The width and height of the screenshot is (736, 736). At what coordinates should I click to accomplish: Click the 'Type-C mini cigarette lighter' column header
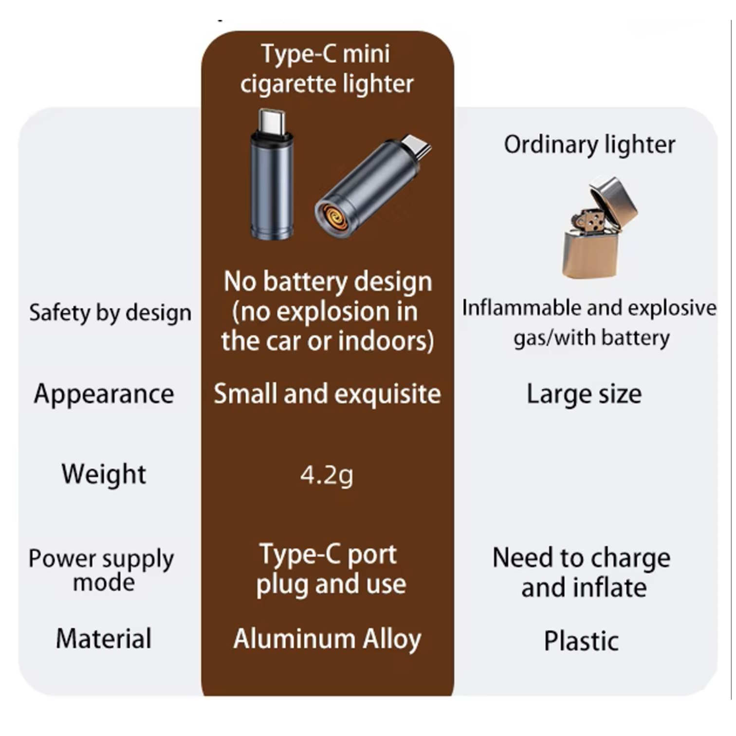tap(326, 69)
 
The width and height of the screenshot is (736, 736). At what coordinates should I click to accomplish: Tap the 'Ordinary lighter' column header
tap(589, 145)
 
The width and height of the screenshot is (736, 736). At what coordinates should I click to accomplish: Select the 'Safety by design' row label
tap(110, 313)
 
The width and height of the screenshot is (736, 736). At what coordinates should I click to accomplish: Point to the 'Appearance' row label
tap(104, 394)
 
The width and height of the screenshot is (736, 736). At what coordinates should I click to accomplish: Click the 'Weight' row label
tap(104, 474)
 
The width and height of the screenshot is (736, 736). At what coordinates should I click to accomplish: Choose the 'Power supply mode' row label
tap(101, 570)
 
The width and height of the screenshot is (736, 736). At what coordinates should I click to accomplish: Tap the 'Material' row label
tap(104, 639)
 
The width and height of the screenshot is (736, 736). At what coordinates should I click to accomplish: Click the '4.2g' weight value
tap(327, 475)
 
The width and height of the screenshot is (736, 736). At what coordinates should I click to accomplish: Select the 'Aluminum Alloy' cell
tap(327, 639)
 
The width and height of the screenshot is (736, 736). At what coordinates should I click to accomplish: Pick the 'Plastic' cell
tap(581, 641)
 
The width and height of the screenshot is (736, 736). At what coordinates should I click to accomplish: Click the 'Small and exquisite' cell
tap(327, 394)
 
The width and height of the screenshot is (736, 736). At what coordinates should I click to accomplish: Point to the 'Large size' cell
tap(584, 394)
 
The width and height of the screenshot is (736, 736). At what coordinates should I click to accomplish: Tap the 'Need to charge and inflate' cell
tap(582, 572)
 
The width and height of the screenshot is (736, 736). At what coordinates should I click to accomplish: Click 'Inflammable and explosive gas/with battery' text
tap(589, 322)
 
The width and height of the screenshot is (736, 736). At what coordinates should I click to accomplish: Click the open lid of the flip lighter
tap(615, 199)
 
